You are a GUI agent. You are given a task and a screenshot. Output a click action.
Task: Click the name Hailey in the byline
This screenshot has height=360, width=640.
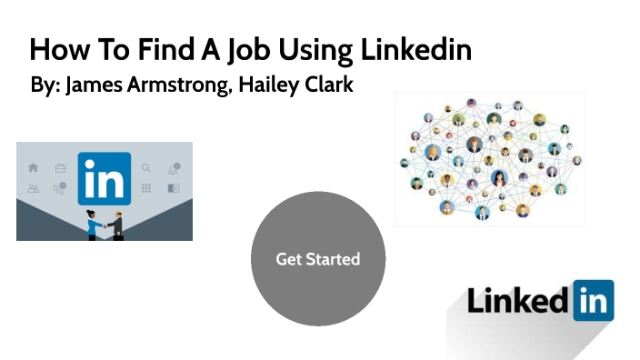pos(265,88)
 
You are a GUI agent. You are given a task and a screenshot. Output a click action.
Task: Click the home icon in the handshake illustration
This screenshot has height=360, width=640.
pos(34,168)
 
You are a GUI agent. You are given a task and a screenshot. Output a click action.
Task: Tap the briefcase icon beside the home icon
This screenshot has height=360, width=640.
pos(60,168)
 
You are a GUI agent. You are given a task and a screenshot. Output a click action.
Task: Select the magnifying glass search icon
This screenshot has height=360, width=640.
pos(146,168)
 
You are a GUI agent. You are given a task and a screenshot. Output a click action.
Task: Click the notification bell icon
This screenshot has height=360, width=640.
pos(173,168)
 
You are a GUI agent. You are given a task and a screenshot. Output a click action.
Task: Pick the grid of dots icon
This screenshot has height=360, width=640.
pos(146,189)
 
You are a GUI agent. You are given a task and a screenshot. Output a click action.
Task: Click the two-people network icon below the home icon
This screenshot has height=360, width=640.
pos(34,189)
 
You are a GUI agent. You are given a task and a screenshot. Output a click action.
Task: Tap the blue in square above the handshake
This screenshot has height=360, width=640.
pos(104,178)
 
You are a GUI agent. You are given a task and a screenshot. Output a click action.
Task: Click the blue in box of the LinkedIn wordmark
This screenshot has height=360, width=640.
pos(593,301)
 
